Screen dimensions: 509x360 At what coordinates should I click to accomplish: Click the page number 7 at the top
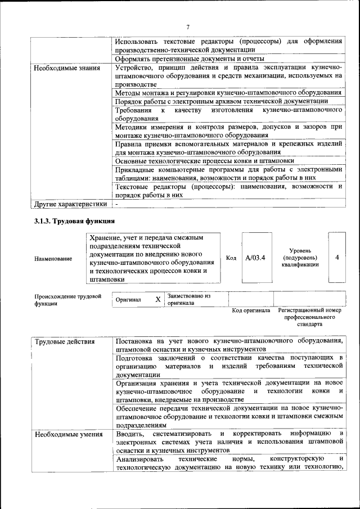coord(188,27)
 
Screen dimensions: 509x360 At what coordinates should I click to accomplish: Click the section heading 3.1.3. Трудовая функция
coord(74,221)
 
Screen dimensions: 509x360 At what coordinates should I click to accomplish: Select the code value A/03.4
coord(255,258)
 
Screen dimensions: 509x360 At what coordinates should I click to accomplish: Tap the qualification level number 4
coord(336,258)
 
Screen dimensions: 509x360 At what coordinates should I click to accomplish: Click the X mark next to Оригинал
coord(158,300)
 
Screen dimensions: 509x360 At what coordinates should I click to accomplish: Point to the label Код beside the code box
coord(231,258)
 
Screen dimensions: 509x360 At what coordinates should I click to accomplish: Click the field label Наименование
coord(53,259)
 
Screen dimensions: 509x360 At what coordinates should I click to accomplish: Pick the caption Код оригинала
coord(251,310)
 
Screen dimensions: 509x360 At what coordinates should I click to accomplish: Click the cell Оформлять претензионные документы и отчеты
coord(190,58)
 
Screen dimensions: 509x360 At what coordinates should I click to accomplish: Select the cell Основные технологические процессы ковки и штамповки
coord(204,160)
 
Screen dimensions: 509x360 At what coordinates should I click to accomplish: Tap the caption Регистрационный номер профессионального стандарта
coord(309,317)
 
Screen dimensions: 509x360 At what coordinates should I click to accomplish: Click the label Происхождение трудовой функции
coord(67,299)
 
